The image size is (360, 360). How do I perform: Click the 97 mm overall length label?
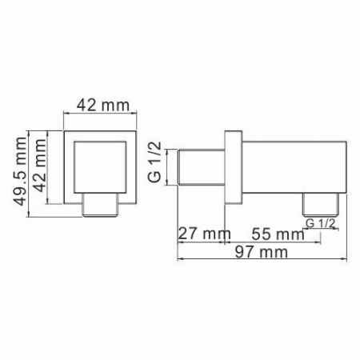[262, 253]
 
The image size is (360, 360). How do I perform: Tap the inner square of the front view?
[101, 165]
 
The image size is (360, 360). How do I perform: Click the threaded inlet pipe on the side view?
[199, 167]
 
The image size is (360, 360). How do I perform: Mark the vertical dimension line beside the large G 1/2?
[167, 167]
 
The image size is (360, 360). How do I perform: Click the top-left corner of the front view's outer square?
[64, 130]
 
